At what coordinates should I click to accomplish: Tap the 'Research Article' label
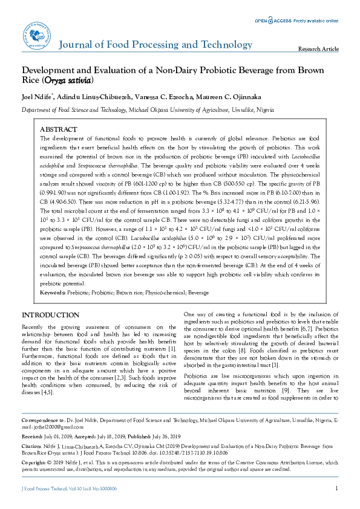319,49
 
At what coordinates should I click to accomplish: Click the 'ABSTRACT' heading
58,130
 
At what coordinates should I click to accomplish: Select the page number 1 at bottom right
336,488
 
